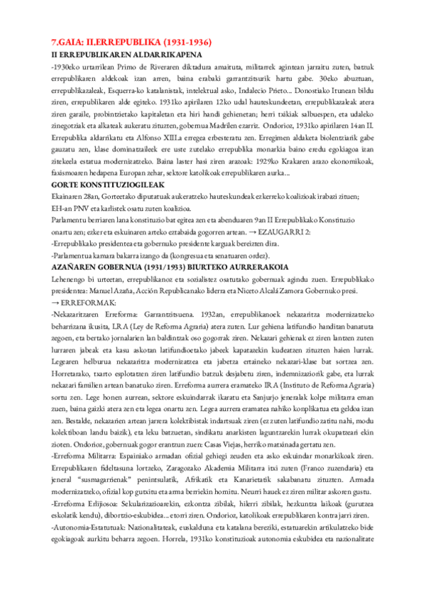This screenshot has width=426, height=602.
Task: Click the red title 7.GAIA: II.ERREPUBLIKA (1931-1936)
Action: pos(131,43)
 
